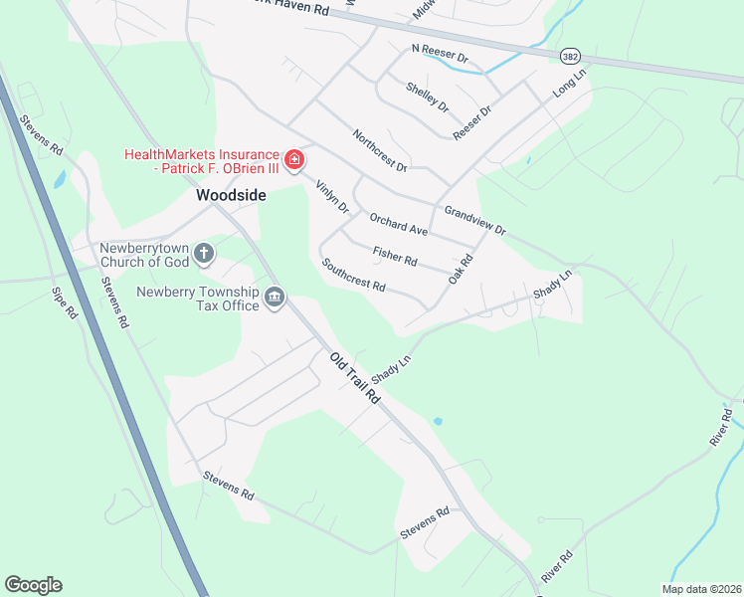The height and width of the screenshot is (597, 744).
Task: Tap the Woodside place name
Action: [231, 196]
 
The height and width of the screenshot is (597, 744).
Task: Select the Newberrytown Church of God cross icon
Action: [204, 255]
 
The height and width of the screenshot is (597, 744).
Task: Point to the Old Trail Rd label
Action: [355, 376]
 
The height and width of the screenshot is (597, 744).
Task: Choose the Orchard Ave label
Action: [398, 224]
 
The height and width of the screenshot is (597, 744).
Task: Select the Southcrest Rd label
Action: [353, 275]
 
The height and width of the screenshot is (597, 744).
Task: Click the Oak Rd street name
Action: [460, 269]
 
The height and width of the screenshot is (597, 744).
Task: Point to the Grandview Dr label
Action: [475, 220]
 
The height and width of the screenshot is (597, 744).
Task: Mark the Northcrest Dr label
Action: [380, 150]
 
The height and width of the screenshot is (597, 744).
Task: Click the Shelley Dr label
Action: [428, 97]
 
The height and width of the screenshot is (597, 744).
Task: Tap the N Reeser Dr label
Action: [440, 53]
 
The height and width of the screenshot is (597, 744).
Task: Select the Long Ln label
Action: [570, 82]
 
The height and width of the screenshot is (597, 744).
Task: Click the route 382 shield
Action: [569, 57]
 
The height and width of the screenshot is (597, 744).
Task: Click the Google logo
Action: [33, 585]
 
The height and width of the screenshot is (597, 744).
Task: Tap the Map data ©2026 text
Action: [701, 589]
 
